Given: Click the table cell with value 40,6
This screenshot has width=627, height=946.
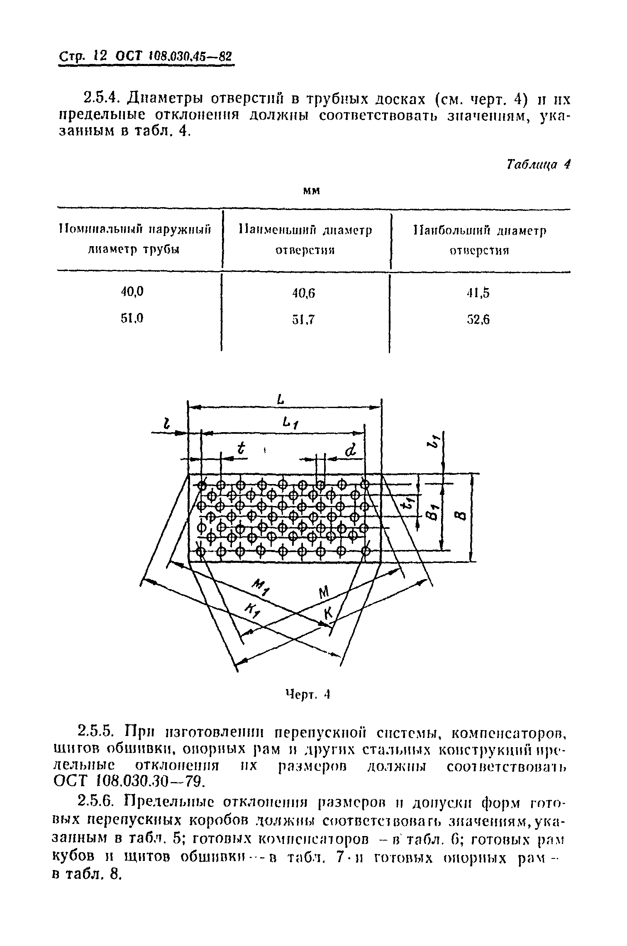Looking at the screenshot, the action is click(304, 293).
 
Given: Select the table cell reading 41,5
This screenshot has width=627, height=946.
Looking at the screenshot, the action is click(478, 293).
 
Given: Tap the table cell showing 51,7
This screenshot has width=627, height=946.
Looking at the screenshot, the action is click(304, 320).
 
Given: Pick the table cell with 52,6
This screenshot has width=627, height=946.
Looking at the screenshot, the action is click(478, 320).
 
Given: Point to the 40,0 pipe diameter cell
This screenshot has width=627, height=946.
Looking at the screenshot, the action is click(132, 292).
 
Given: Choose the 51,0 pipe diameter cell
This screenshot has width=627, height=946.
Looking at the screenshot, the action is click(132, 318).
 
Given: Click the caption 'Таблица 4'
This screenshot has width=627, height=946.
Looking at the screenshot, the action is click(539, 165).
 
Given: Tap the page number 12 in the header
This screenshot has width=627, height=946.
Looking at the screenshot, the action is click(101, 56).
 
